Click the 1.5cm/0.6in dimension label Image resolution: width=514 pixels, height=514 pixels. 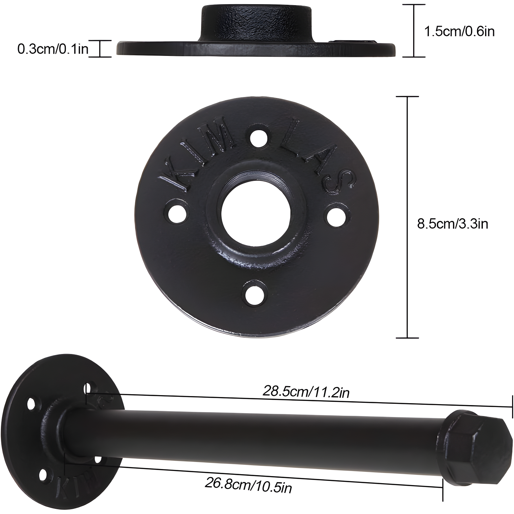(x=459, y=31)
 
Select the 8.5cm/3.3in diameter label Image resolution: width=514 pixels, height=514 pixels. (x=453, y=223)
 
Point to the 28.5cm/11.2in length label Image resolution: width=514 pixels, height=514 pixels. (x=306, y=391)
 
